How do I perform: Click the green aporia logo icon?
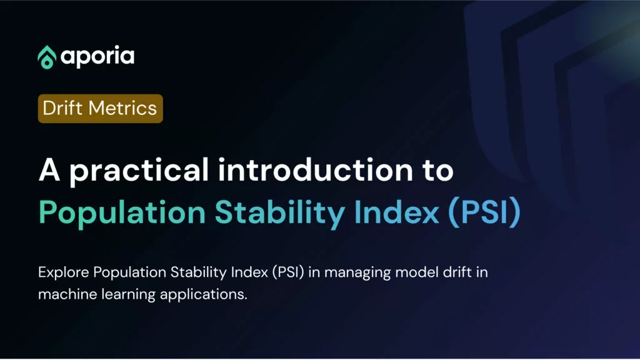point(47,57)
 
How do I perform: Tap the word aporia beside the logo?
point(97,57)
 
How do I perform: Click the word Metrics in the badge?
point(122,108)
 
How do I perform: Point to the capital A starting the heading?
point(49,170)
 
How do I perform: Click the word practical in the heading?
point(139,171)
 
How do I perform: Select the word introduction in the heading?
point(316,170)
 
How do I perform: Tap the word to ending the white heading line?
point(438,171)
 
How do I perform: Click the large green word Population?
point(122,213)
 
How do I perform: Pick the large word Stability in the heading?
point(279,213)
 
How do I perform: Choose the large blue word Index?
point(396,212)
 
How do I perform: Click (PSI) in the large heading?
point(484,212)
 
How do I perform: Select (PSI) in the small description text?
point(288,272)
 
